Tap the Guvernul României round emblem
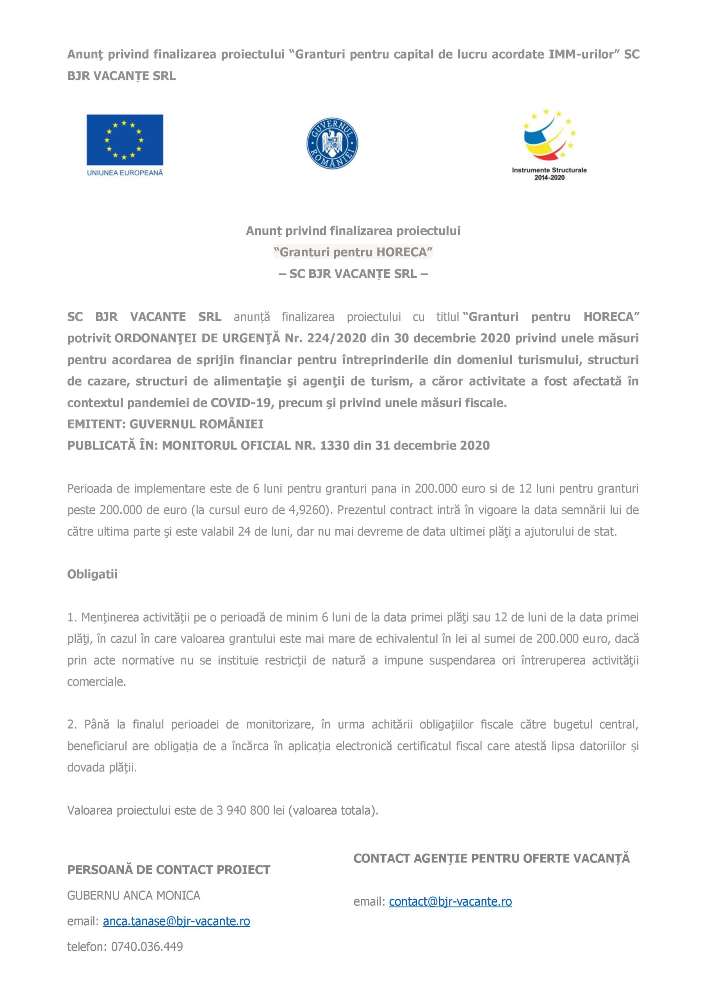coord(332,144)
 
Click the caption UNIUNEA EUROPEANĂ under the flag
coord(125,172)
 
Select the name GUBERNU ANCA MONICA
coord(134,895)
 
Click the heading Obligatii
coord(92,574)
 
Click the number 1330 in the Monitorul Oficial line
coord(334,446)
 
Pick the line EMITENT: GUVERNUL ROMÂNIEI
coord(165,424)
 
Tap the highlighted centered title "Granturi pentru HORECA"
coord(353,252)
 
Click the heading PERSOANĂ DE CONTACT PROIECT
coord(169,870)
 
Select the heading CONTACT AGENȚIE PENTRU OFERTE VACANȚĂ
coord(492,858)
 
